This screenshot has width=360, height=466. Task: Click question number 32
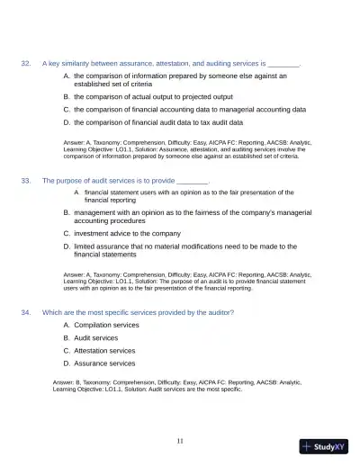coord(26,64)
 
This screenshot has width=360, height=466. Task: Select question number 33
coord(26,180)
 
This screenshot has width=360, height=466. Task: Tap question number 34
coord(26,312)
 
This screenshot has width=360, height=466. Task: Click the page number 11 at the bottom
coord(180,441)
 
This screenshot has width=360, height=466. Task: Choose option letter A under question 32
coord(67,76)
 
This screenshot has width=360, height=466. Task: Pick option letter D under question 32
coord(67,121)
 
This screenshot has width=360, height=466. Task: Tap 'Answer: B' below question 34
coord(70,382)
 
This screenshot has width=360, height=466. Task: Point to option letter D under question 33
coord(67,245)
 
